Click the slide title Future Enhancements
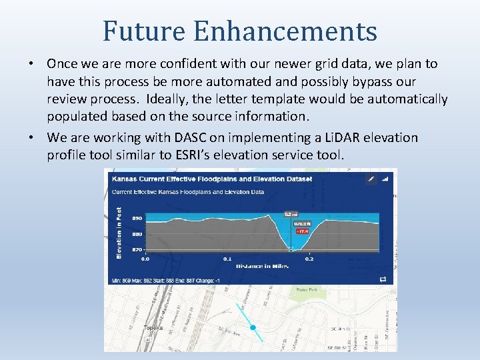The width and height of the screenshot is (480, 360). click(240, 31)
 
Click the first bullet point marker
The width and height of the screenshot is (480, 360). click(32, 64)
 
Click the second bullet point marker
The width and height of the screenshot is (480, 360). click(32, 138)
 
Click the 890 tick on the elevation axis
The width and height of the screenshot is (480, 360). click(136, 218)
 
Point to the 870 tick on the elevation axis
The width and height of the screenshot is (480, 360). click(136, 249)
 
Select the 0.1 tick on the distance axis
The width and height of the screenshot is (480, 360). click(227, 258)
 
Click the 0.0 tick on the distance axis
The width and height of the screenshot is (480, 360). click(145, 258)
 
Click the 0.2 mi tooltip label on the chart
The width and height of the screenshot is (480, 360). click(291, 214)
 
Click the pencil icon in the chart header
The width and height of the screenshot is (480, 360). click(371, 179)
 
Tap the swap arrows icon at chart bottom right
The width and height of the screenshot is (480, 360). click(383, 279)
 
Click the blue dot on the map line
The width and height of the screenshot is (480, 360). click(253, 327)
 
